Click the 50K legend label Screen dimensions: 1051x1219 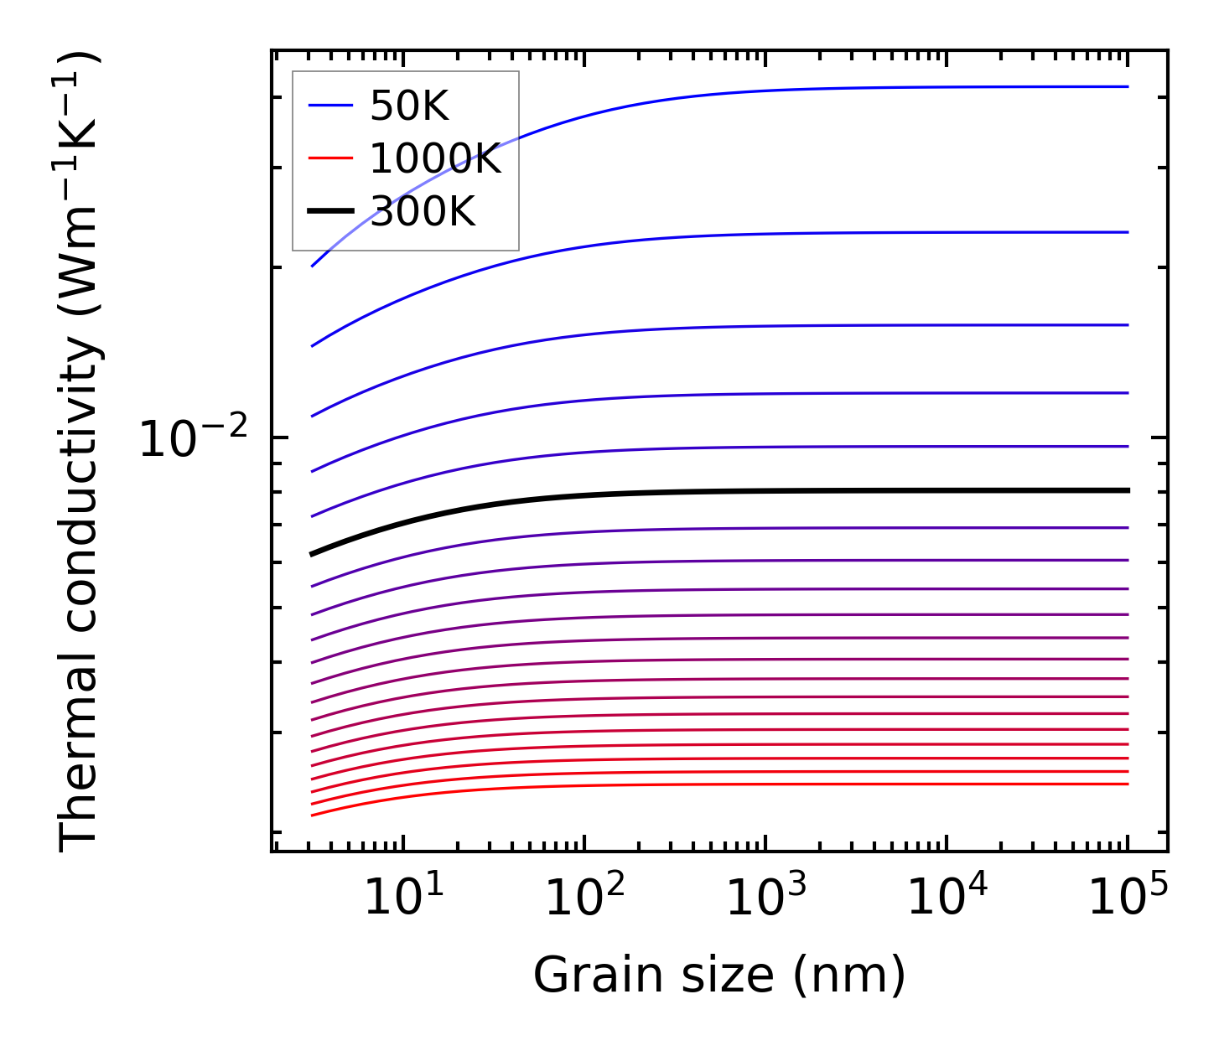click(409, 106)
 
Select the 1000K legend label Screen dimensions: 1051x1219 click(435, 159)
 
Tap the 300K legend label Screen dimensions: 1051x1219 click(423, 212)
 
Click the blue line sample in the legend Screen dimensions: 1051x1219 click(330, 106)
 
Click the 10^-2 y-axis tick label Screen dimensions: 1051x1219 click(194, 440)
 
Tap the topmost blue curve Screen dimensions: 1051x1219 click(755, 91)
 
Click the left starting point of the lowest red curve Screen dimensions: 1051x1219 click(312, 815)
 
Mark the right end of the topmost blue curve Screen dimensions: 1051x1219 click(1128, 86)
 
